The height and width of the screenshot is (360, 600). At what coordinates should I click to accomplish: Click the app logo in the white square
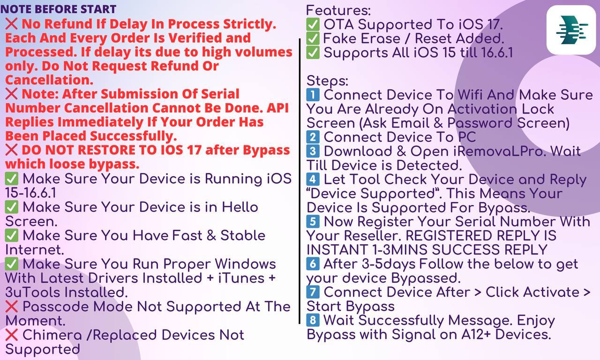pos(572,30)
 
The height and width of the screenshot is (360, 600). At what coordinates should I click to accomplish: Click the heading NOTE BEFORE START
pos(59,9)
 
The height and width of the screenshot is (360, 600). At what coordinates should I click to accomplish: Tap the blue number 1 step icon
pos(313,95)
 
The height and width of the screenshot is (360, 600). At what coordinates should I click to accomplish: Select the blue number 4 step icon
pos(313,179)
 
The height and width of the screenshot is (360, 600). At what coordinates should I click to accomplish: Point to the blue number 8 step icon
pos(313,320)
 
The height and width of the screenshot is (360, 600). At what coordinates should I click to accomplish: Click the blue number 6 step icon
pos(313,264)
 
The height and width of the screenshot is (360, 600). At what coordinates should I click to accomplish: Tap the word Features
pos(338,10)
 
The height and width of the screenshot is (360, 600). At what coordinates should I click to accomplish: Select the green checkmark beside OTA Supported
pos(313,25)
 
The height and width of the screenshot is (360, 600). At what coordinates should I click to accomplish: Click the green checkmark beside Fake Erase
pos(313,38)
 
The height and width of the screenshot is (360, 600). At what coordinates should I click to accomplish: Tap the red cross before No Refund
pos(12,24)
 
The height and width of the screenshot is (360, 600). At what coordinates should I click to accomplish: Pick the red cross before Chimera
pos(12,335)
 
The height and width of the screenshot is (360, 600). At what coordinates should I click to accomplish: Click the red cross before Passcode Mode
pos(12,307)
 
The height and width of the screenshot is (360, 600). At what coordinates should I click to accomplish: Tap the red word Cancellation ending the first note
pos(49,80)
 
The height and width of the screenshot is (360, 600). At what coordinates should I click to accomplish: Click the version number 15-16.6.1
pos(31,193)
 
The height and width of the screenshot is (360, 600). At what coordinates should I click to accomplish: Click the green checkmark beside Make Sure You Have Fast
pos(12,236)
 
